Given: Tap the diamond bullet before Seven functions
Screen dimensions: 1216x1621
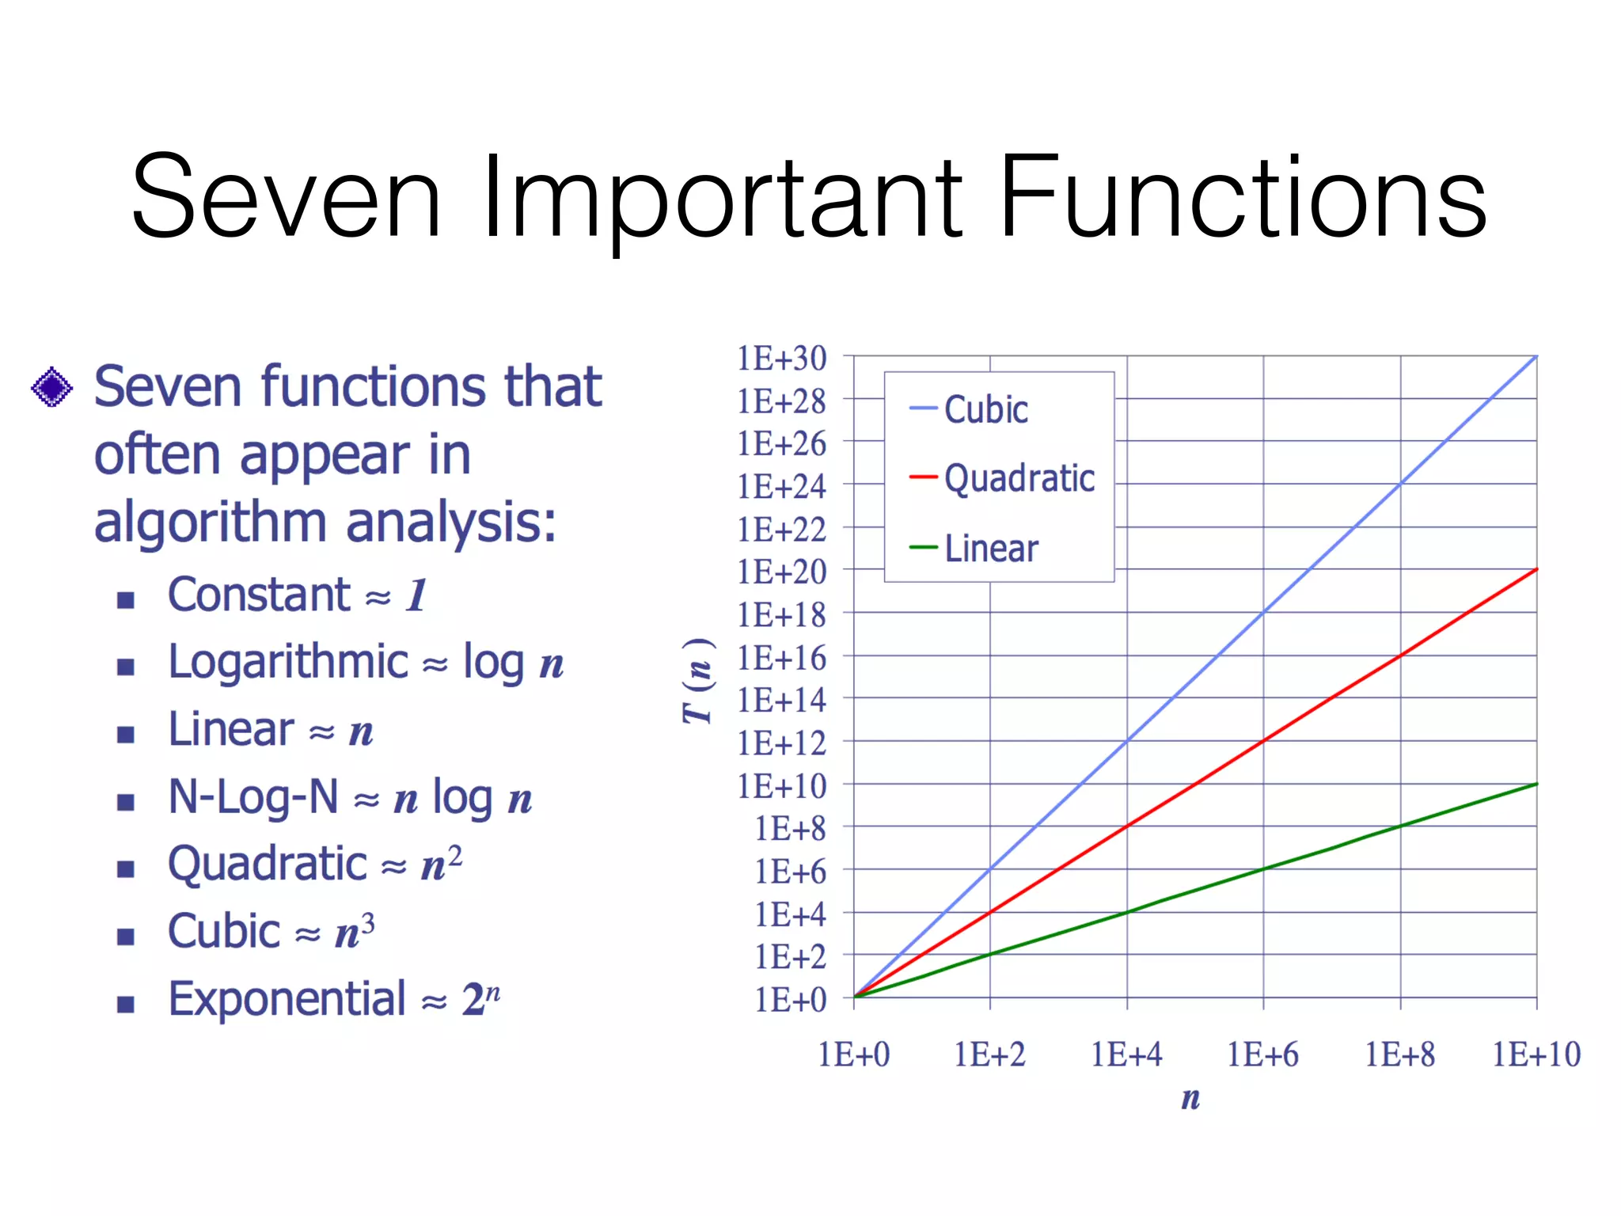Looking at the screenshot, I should click(x=52, y=387).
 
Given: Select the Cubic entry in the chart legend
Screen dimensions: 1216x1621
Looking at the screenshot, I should click(x=985, y=409).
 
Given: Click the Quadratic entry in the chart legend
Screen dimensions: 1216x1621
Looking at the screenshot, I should click(x=1019, y=478).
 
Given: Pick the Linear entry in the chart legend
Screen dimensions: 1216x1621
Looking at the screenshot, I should click(x=991, y=548).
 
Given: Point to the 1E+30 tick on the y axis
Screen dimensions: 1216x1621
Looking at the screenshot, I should click(x=782, y=358).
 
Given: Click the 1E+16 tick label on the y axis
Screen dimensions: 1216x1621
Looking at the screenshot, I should click(x=782, y=658).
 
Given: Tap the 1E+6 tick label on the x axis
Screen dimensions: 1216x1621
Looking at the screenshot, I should click(x=1262, y=1054).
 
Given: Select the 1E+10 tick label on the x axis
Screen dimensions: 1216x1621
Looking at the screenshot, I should click(x=1536, y=1054).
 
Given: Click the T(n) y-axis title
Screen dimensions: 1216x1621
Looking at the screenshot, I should click(x=698, y=681).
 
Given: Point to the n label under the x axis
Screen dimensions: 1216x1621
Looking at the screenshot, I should click(x=1190, y=1097).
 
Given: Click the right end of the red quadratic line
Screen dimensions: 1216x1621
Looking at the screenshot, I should click(x=1536, y=570).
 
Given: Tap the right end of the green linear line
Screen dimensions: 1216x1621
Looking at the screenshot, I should click(x=1536, y=785).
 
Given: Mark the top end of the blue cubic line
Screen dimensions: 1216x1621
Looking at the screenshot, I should click(x=1535, y=358).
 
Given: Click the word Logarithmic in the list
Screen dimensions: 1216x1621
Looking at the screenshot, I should click(x=288, y=662).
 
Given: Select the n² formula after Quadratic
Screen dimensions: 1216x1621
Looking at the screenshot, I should click(x=441, y=863).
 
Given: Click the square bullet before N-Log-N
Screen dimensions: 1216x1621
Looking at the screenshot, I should click(x=126, y=802).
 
